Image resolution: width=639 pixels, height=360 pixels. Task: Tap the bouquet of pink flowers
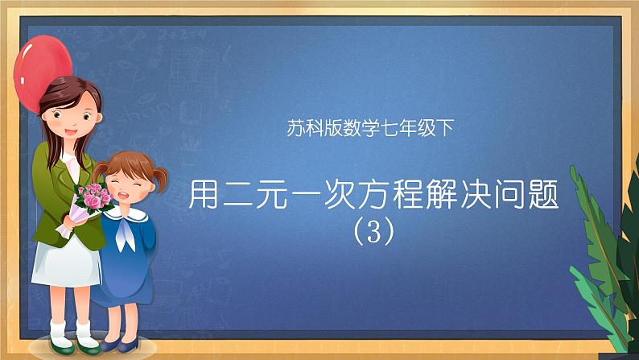pos(93,198)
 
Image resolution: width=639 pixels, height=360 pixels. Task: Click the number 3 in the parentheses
pos(374,232)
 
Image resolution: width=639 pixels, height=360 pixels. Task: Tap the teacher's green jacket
pos(60,185)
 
